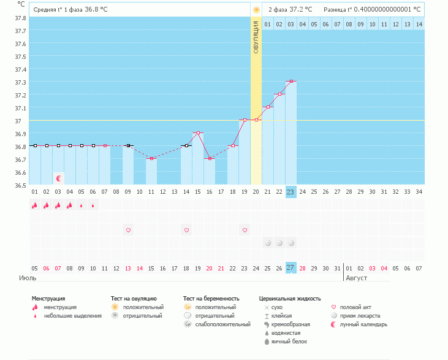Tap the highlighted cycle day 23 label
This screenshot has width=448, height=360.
click(290, 192)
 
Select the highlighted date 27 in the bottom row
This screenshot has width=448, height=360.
click(290, 268)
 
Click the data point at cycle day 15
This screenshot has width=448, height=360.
click(198, 132)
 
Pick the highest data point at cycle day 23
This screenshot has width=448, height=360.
click(291, 81)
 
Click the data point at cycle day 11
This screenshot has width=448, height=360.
click(151, 158)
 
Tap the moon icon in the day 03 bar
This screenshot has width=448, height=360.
click(59, 178)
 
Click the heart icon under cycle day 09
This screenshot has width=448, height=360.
click(128, 230)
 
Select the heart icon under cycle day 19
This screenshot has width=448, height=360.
click(245, 230)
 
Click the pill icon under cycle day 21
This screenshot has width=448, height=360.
click(268, 243)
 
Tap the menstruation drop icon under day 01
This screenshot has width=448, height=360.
click(35, 205)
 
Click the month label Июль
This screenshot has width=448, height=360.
click(27, 277)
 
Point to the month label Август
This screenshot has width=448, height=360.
click(357, 277)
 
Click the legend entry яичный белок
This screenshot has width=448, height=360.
click(286, 341)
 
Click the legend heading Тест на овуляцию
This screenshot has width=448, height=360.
click(134, 298)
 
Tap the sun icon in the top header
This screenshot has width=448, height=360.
click(256, 10)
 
